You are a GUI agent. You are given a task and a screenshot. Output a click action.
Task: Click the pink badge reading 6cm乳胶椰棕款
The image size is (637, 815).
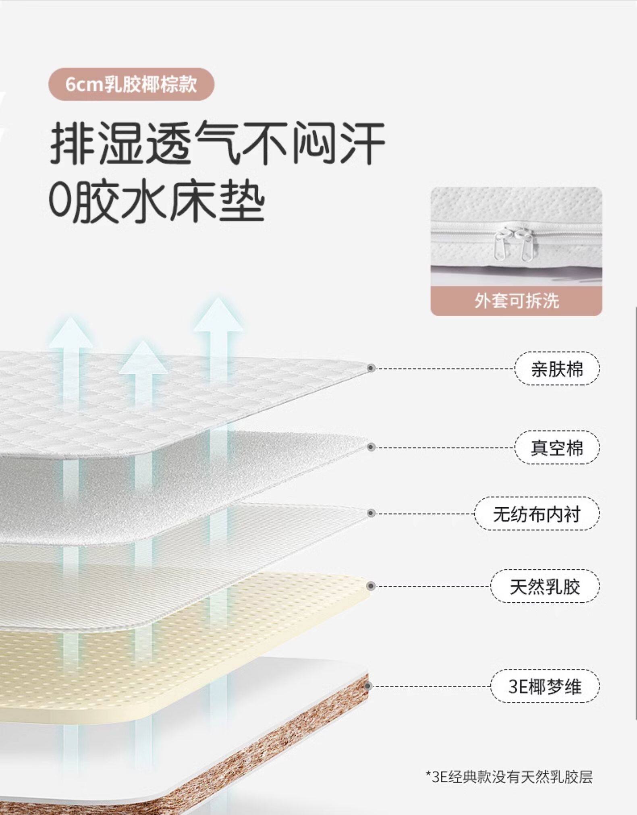coord(131,84)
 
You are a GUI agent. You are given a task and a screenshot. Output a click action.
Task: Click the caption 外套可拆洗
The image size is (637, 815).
coord(516,301)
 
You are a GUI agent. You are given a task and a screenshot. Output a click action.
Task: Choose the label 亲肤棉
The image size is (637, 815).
coord(557,369)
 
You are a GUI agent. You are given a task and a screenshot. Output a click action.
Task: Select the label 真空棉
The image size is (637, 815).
coord(557,448)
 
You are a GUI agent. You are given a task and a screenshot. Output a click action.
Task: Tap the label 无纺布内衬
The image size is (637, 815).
coord(537,514)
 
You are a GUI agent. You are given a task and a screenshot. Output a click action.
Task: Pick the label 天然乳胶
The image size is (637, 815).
coord(545,586)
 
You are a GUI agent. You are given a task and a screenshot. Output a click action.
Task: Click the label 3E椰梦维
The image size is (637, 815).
coord(545,686)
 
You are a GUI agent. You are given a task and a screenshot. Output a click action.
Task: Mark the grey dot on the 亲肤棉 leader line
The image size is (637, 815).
coord(371,368)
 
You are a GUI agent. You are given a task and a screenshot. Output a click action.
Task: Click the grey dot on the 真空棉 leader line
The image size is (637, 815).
coord(371,447)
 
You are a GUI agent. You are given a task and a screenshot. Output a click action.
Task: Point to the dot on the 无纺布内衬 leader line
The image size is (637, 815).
coord(371,513)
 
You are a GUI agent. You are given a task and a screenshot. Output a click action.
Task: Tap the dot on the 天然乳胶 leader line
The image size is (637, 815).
coord(371,586)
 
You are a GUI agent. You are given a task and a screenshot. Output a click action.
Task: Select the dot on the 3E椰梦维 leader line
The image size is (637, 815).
coord(368,686)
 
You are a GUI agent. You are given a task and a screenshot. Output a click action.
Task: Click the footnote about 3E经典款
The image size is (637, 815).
coord(509,777)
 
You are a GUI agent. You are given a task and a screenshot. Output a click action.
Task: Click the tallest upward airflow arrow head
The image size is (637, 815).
coord(218,316)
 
